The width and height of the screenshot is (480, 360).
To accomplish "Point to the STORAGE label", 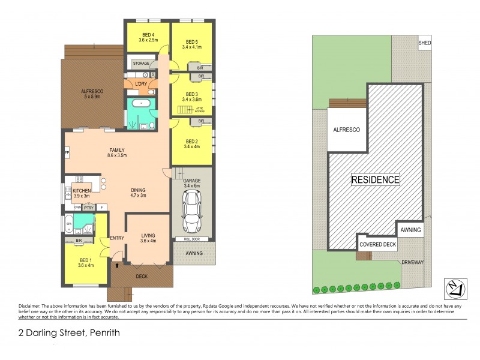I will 141,63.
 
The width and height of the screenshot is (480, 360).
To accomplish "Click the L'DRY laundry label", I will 141,83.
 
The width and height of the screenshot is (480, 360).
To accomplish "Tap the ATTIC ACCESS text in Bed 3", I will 200,110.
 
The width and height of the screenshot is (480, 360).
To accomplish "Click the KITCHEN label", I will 81,192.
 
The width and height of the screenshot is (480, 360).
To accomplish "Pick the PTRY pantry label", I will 88,208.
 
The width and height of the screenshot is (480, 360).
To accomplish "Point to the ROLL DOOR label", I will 191,239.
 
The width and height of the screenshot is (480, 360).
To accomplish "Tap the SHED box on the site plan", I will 425,43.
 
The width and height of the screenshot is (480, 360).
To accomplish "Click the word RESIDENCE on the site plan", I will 375,179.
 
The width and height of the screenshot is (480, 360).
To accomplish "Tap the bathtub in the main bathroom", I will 142,104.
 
